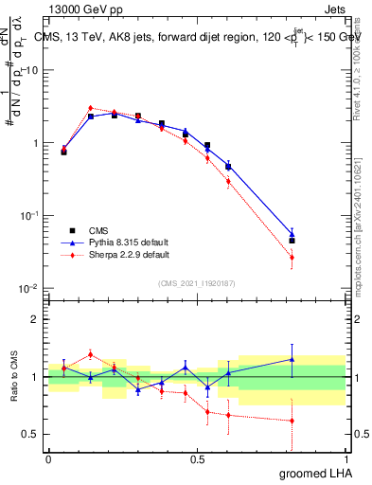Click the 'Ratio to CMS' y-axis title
click(12, 376)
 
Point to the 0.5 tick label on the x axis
click(197, 458)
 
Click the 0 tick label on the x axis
click(48, 458)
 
